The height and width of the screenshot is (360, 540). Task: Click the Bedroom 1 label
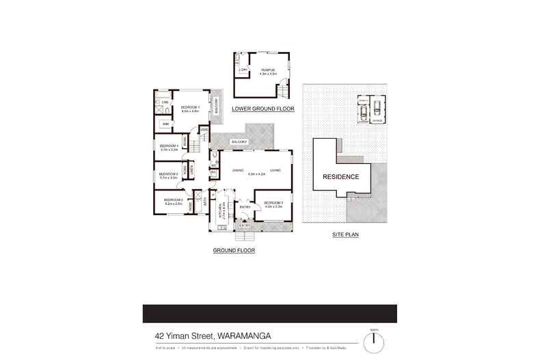[189, 107]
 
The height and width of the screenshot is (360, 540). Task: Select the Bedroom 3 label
[168, 174]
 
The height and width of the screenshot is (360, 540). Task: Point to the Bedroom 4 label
[169, 146]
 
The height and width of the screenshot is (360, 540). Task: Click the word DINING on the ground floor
[238, 170]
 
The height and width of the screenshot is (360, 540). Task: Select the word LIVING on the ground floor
[275, 170]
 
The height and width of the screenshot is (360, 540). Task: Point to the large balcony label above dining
[239, 141]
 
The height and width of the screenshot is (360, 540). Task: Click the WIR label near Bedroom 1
[165, 124]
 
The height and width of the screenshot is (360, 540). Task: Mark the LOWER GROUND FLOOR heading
[262, 109]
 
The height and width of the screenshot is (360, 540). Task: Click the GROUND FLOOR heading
[234, 251]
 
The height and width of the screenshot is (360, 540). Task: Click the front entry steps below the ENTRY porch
[245, 236]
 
